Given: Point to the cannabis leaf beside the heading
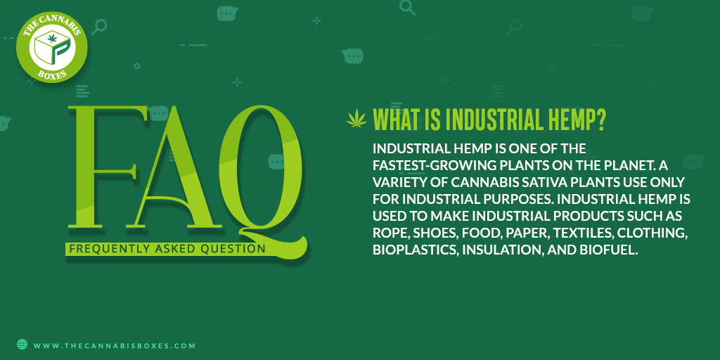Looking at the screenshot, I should point(356,120).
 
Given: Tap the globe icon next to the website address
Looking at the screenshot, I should point(22,345).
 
